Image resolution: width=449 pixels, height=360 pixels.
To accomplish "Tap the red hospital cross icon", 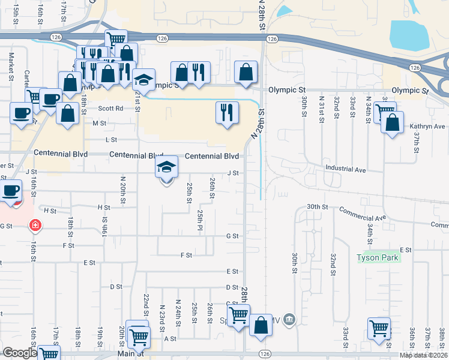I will (x=35, y=226).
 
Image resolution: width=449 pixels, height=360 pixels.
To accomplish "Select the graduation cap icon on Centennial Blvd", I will (x=167, y=167).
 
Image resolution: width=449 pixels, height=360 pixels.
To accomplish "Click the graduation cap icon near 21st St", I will (x=143, y=80).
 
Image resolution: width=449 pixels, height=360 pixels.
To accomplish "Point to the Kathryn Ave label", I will (x=427, y=127).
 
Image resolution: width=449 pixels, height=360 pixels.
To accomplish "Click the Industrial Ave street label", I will (x=345, y=169).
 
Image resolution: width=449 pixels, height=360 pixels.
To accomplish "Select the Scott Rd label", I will (x=110, y=109).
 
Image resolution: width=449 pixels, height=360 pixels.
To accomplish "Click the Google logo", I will (x=19, y=353).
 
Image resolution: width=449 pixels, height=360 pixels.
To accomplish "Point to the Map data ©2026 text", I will (x=424, y=355).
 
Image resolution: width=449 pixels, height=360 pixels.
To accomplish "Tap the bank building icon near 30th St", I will (x=290, y=318).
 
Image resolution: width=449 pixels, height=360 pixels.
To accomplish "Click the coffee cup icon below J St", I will (x=10, y=191).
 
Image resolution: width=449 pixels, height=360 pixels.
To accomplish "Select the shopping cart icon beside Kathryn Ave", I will (x=384, y=112).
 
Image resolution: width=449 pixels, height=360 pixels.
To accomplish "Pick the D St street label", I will (x=116, y=287).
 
